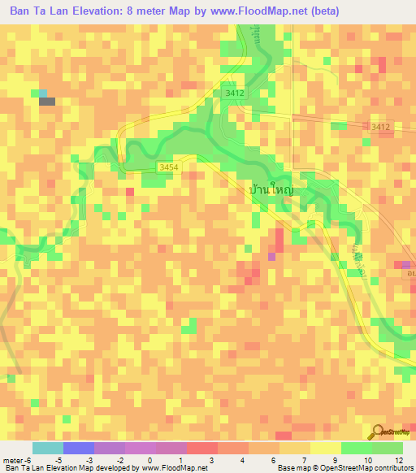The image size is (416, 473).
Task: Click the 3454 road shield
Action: (168, 167)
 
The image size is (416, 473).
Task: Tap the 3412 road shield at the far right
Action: (380, 127)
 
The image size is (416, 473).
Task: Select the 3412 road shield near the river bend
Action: (235, 93)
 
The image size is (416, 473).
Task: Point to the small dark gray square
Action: (47, 102)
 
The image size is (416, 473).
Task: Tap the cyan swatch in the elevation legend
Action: (47, 448)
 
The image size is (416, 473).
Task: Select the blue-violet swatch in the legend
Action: (78, 448)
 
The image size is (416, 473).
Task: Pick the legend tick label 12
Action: (398, 460)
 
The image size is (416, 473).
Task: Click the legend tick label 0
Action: (149, 460)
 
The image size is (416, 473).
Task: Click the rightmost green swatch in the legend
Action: (388, 448)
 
